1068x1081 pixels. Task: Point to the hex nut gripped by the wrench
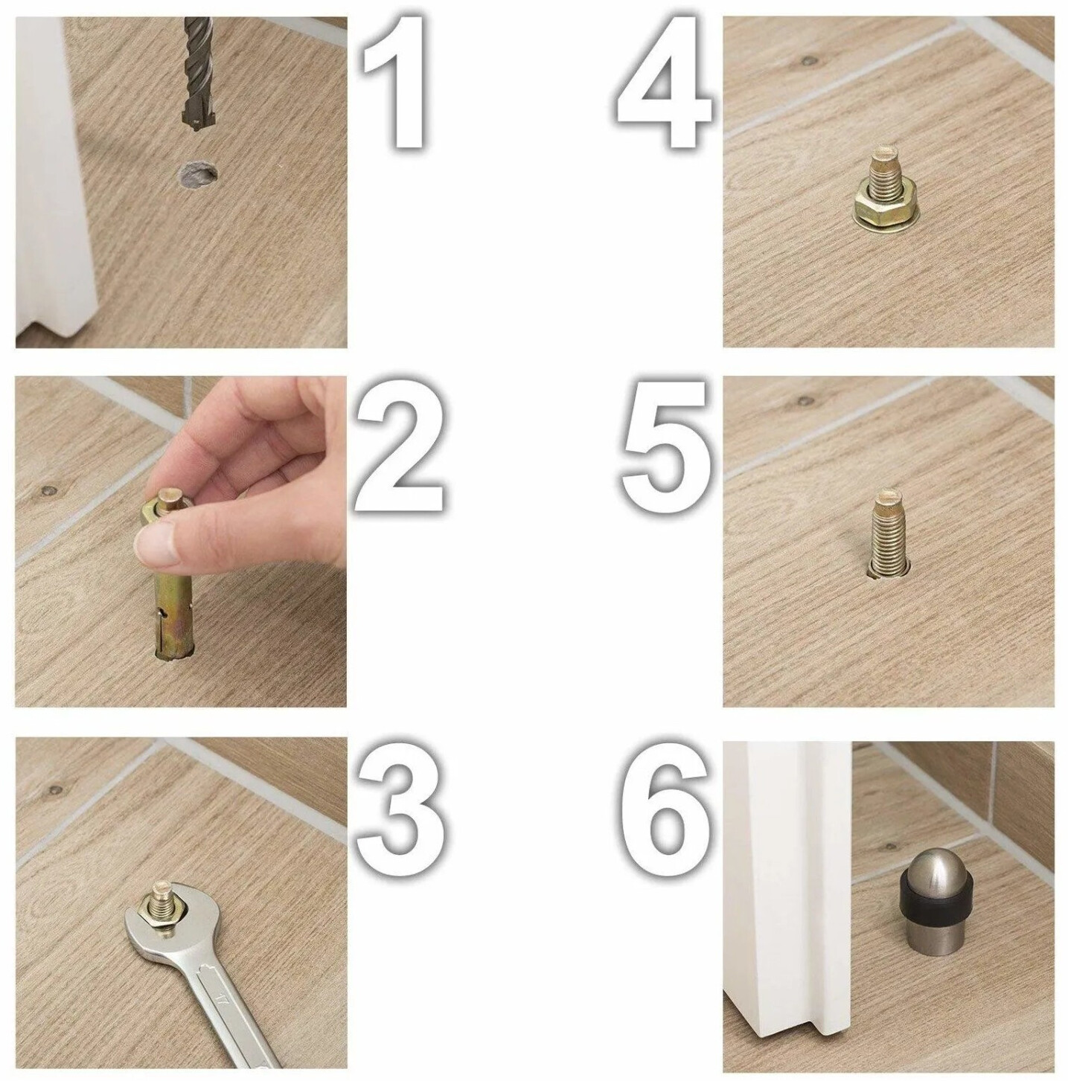click(x=167, y=915)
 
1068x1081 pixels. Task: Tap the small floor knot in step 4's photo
click(x=809, y=59)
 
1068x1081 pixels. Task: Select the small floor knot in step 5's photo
click(x=807, y=401)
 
